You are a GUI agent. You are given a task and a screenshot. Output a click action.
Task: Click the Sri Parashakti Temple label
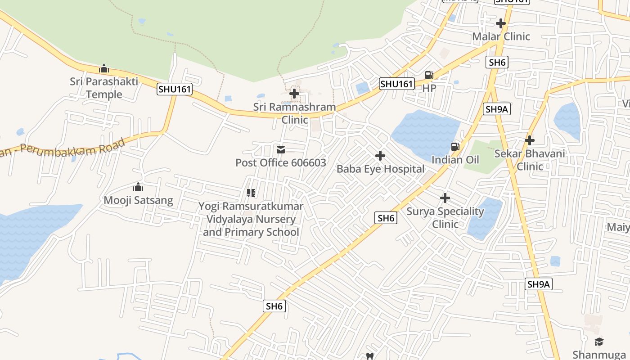(x=104, y=88)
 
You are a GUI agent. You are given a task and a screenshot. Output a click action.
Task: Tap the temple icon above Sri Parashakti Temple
(x=104, y=68)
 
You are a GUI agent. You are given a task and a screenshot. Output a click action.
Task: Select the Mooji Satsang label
(x=138, y=200)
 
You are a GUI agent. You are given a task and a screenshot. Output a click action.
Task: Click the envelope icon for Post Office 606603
(x=281, y=149)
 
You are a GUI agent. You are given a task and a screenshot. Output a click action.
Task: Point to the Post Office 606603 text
(x=281, y=162)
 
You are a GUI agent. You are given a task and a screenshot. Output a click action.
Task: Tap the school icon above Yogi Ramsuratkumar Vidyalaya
(x=251, y=193)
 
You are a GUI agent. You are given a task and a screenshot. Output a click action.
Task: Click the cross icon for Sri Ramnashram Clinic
(x=294, y=94)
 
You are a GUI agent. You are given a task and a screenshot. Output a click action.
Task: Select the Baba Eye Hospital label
(x=380, y=169)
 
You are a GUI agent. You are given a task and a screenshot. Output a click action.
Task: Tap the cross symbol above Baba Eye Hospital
(x=380, y=156)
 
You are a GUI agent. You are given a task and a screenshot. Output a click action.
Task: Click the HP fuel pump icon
(x=429, y=75)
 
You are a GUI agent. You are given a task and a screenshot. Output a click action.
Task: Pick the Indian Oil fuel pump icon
(x=455, y=146)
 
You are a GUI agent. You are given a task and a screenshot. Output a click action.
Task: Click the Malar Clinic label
(x=501, y=36)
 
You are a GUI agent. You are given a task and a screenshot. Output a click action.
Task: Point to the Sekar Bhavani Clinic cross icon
(x=530, y=140)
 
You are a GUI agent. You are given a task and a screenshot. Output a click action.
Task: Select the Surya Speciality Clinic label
(x=445, y=218)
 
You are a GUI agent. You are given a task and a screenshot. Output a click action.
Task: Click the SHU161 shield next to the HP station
(x=396, y=84)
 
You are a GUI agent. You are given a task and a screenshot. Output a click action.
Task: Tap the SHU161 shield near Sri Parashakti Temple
(x=175, y=89)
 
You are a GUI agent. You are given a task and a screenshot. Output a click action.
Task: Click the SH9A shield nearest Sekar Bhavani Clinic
(x=497, y=109)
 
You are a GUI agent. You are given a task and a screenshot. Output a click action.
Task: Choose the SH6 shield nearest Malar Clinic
(x=497, y=62)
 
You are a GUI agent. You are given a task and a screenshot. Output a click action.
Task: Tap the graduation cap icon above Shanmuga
(x=599, y=342)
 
